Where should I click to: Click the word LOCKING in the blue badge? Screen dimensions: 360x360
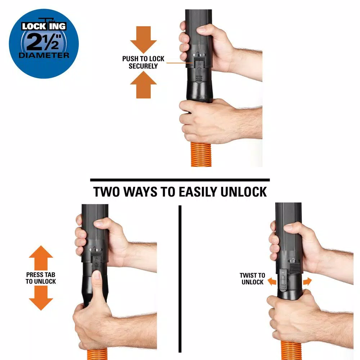tap(44, 26)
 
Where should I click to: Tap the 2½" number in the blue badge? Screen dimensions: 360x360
tap(44, 42)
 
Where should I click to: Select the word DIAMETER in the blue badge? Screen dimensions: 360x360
tap(44, 55)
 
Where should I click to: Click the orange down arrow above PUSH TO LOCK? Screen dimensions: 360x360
tap(143, 40)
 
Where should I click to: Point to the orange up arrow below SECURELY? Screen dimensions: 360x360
tap(143, 85)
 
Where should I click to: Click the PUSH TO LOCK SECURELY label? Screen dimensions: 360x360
tap(143, 62)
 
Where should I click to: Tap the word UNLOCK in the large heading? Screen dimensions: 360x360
tap(244, 192)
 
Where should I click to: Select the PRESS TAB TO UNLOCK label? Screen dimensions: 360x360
tap(41, 278)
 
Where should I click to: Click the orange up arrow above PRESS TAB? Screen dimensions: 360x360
tap(41, 258)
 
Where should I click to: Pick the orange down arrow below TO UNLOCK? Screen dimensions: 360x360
tap(41, 298)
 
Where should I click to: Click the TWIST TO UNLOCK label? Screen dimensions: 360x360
tap(252, 279)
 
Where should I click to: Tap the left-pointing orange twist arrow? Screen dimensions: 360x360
tap(272, 281)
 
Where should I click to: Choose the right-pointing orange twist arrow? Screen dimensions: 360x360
tap(307, 281)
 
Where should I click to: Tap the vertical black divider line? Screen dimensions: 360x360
tap(180, 279)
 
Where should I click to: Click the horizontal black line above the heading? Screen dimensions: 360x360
tap(180, 180)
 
